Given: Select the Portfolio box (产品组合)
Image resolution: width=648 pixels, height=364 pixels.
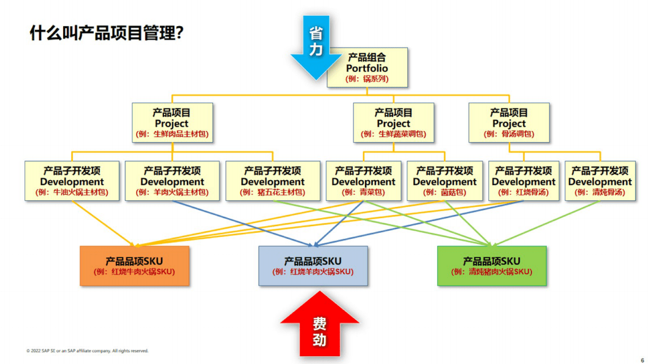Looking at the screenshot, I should pyautogui.click(x=367, y=68).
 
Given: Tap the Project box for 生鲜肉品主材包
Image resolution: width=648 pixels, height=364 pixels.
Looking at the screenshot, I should pyautogui.click(x=172, y=123).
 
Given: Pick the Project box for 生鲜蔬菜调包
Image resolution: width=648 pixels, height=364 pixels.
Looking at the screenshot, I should pyautogui.click(x=393, y=123).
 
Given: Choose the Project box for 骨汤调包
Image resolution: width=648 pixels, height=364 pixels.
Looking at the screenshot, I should pyautogui.click(x=509, y=123).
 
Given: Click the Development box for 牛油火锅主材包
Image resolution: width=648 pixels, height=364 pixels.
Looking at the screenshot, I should pyautogui.click(x=72, y=181).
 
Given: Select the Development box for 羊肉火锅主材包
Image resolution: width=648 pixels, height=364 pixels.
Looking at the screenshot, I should pyautogui.click(x=172, y=181).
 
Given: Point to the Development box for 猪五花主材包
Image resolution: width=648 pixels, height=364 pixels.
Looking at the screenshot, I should pyautogui.click(x=273, y=181).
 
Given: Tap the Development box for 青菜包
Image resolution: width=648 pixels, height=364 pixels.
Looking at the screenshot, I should pyautogui.click(x=363, y=181).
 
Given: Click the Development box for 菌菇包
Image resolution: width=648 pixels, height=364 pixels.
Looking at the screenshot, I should pyautogui.click(x=444, y=181).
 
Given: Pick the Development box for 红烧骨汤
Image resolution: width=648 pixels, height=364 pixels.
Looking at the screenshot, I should pyautogui.click(x=523, y=181).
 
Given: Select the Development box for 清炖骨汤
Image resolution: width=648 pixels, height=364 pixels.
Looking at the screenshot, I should pyautogui.click(x=600, y=181).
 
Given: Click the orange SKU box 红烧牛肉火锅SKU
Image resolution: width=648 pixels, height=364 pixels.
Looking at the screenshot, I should pyautogui.click(x=135, y=266).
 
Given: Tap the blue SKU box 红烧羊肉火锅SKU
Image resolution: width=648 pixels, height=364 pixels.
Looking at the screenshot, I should pyautogui.click(x=313, y=266).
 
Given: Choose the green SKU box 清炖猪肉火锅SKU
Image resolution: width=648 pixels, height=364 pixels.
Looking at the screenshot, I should pyautogui.click(x=492, y=266).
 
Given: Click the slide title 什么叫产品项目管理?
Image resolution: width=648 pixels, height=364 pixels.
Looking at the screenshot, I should pyautogui.click(x=106, y=34).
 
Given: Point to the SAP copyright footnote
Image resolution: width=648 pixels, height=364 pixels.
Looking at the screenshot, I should pyautogui.click(x=87, y=351).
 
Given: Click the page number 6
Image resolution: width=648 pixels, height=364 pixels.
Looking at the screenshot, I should pyautogui.click(x=642, y=360).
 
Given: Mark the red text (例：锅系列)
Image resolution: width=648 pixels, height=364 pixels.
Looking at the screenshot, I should pyautogui.click(x=367, y=79).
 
